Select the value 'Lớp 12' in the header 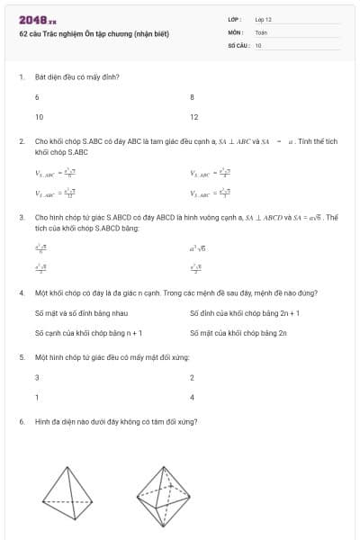tap(264, 18)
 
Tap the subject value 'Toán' tap(261, 31)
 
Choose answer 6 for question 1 tap(37, 96)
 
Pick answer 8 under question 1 tap(192, 96)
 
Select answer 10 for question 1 tap(39, 117)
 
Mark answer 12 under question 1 tap(193, 117)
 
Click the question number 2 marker tap(21, 141)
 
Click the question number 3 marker tap(21, 217)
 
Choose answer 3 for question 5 tap(37, 377)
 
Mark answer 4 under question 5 tap(192, 397)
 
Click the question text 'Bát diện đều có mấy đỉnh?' tap(76, 76)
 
